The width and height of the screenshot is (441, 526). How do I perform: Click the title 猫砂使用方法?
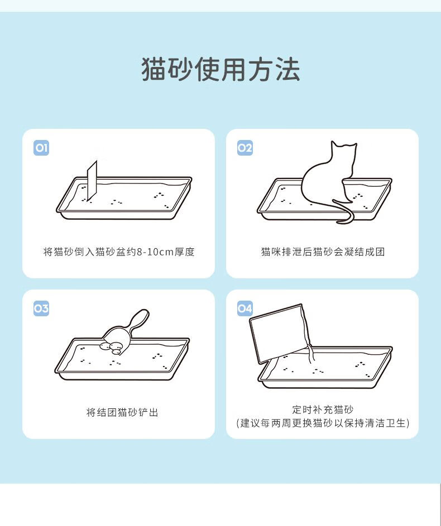tap(220, 69)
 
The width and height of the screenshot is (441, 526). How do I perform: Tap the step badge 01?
tap(41, 148)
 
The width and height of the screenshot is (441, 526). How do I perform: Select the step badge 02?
tap(245, 148)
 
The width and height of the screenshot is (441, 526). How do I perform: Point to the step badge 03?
tap(41, 308)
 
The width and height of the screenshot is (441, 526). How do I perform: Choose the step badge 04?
tap(245, 308)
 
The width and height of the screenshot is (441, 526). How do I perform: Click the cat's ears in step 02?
tap(344, 145)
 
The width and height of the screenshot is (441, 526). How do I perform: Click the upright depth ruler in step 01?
tap(92, 181)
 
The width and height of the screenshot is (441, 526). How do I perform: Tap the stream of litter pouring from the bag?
tap(311, 354)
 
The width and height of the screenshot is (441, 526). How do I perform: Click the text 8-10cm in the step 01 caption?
tap(155, 252)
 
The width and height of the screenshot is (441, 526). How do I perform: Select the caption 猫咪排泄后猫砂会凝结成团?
tap(323, 252)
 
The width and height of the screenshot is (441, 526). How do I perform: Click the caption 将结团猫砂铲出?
tap(122, 412)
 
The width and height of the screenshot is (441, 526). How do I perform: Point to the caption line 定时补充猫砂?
tap(323, 409)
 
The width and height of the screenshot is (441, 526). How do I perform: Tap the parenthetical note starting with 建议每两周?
tap(323, 423)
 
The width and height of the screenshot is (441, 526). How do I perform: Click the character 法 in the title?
tap(287, 69)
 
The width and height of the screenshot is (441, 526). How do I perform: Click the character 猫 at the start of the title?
tap(154, 69)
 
